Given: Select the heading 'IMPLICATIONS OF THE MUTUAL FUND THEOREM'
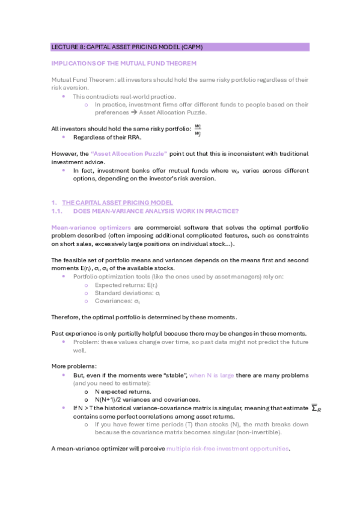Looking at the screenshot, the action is tap(124, 63).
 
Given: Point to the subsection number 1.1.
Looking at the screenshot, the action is tap(58, 211).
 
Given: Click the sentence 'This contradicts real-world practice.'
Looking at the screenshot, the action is tap(124, 96).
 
